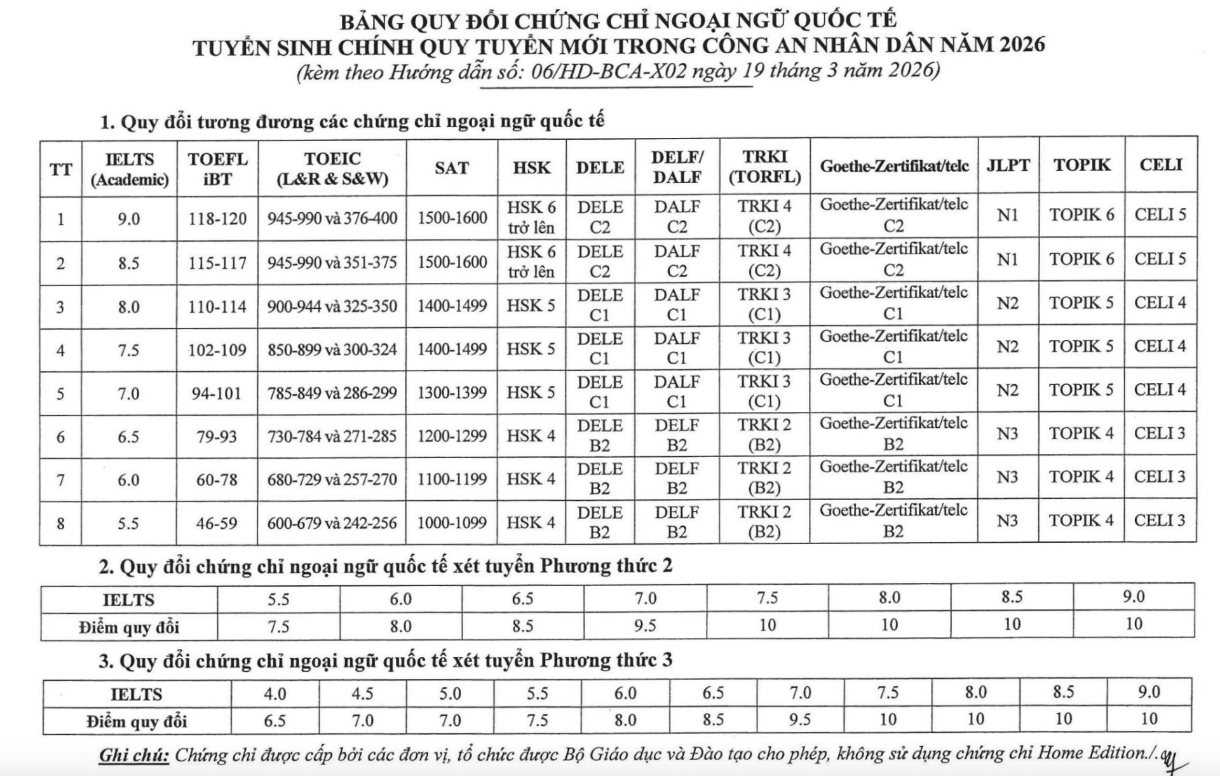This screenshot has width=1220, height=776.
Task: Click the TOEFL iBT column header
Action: point(217,169)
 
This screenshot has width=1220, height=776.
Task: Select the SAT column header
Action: point(451,168)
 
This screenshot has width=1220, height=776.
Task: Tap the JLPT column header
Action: point(1008,165)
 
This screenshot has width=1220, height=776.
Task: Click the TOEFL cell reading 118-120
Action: point(217,219)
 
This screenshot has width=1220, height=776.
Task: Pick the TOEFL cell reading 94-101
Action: point(217,393)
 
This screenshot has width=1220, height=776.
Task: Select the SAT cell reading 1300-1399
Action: point(452,393)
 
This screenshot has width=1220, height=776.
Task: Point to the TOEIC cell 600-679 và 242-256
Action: point(332,523)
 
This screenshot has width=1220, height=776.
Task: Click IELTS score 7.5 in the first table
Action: point(128,350)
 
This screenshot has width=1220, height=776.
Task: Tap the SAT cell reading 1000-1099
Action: point(452,523)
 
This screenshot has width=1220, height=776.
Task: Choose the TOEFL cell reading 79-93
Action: point(217,437)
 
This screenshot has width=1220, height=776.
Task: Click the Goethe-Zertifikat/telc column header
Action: point(894,166)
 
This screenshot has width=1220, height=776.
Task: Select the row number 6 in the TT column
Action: point(60,437)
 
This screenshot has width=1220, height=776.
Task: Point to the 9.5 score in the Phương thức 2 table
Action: point(645,626)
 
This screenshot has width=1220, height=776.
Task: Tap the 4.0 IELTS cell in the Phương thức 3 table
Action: point(275,693)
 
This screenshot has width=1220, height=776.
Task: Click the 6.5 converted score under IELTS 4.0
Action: point(275,721)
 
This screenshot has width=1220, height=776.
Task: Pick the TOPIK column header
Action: point(1081,165)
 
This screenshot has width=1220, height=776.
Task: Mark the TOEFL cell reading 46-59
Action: point(217,524)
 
